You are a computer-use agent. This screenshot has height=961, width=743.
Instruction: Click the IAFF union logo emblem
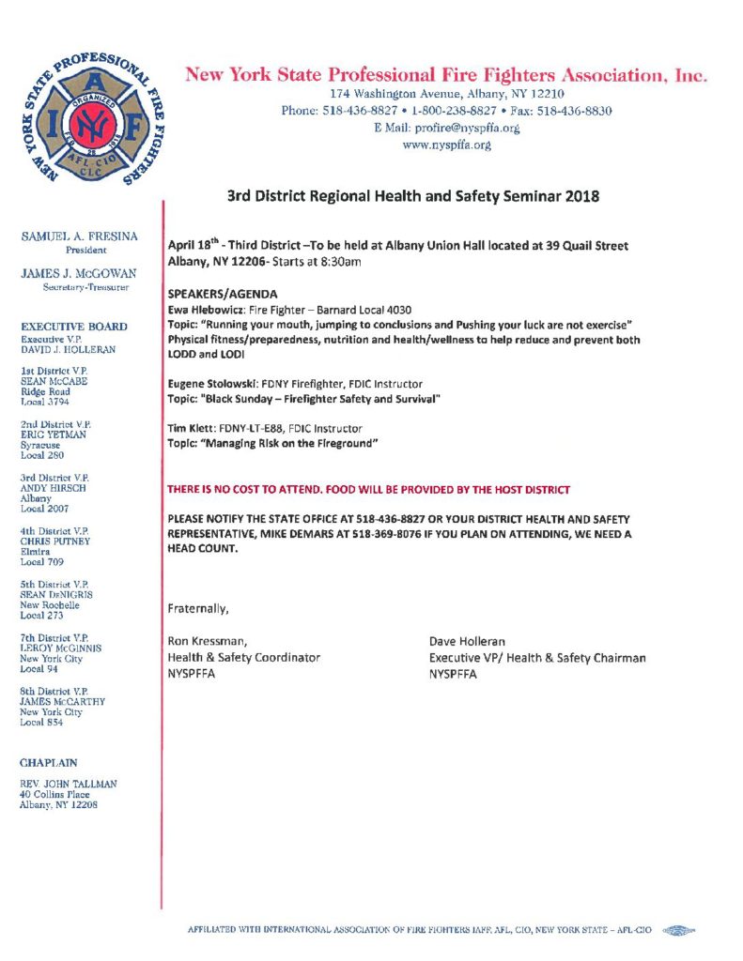coord(91,119)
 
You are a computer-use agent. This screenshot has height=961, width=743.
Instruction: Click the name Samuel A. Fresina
coord(79,238)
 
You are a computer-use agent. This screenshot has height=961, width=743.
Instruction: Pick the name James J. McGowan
coord(79,273)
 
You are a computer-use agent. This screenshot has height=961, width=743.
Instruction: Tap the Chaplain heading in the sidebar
coord(49,763)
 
